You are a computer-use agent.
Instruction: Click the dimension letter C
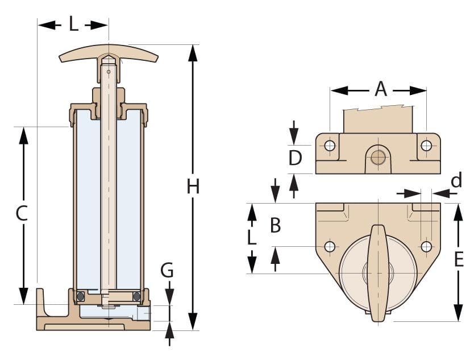(22, 213)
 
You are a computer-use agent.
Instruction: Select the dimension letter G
(167, 271)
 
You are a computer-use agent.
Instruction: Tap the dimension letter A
(380, 89)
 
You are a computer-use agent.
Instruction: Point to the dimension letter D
(295, 158)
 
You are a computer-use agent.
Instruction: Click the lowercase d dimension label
(456, 181)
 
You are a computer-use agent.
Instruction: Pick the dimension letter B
(276, 226)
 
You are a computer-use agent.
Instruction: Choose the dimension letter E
(459, 259)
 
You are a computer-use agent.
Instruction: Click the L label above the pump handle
(74, 24)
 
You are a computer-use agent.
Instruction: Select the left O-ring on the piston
(81, 296)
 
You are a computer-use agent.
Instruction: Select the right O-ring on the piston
(136, 296)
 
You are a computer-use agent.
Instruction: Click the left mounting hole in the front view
(330, 146)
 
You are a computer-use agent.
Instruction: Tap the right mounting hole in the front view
(426, 146)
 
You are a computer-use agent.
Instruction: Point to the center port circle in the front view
(378, 156)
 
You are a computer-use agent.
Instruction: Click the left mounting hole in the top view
(330, 247)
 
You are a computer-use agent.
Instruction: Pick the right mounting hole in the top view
(426, 247)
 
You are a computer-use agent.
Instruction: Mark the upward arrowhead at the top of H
(193, 51)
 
